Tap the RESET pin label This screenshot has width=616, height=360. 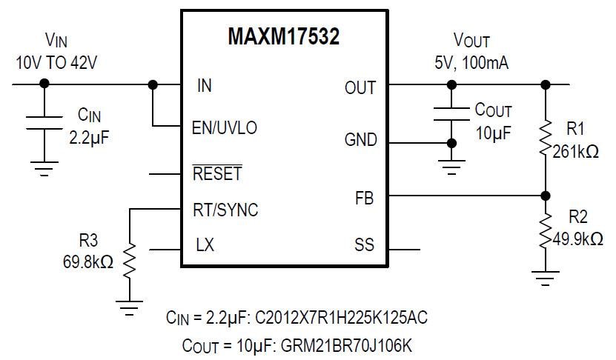(x=217, y=175)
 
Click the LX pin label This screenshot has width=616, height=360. (x=205, y=245)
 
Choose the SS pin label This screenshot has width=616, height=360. (x=364, y=245)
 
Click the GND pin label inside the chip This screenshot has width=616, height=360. (x=360, y=140)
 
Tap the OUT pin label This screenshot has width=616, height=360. (x=360, y=87)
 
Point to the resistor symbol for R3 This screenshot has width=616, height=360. (x=130, y=259)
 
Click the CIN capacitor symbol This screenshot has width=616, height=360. (x=44, y=123)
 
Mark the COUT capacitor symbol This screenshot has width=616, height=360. (x=450, y=110)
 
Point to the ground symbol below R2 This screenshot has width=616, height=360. (x=546, y=276)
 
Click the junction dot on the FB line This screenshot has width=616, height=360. (x=546, y=196)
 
